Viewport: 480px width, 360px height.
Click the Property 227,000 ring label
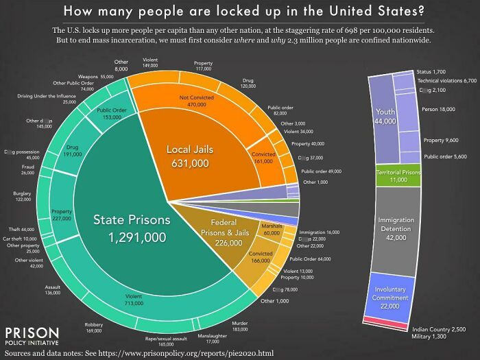(x=61, y=214)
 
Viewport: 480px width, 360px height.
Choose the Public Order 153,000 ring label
(x=111, y=114)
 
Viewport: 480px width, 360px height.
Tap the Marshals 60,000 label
(x=272, y=229)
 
